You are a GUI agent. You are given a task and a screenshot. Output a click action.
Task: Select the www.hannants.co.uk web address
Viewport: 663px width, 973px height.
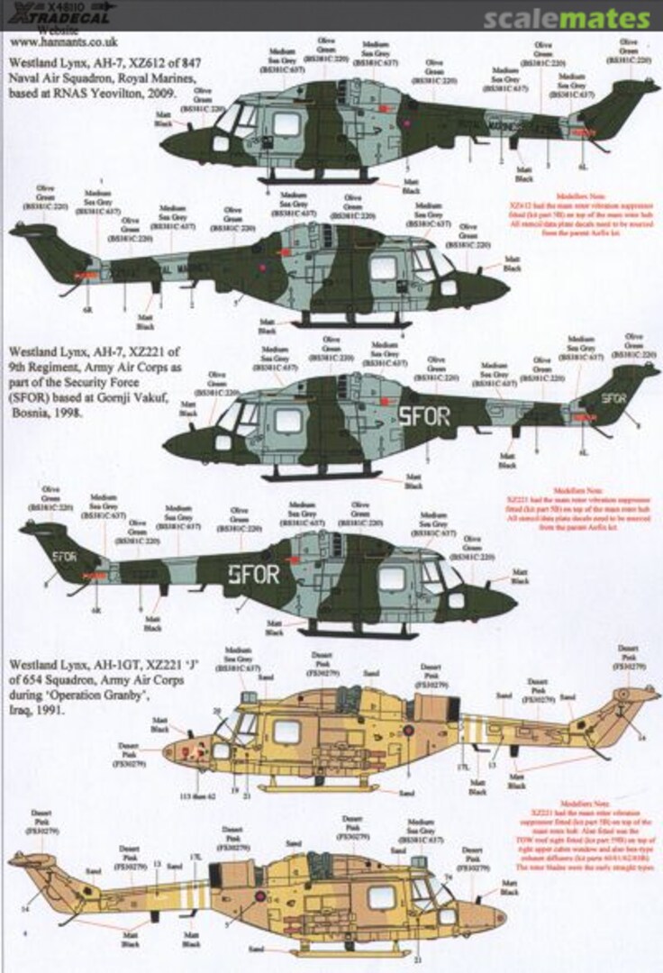click(x=53, y=41)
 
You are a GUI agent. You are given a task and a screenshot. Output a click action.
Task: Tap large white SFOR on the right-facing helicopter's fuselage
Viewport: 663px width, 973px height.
click(x=256, y=572)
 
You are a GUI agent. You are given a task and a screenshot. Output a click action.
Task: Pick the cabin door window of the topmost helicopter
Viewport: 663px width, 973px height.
click(x=286, y=124)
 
